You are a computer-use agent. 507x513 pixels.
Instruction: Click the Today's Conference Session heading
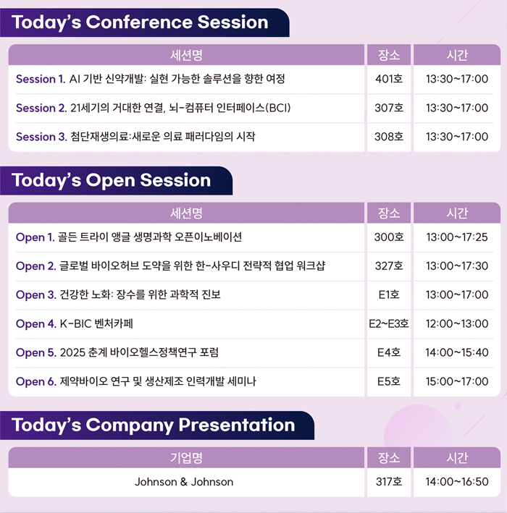[x=140, y=22]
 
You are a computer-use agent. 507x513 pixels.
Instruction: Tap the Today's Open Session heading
[x=111, y=180]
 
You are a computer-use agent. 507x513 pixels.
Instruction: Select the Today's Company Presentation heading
[x=154, y=425]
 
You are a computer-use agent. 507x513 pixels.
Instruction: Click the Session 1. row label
[x=41, y=79]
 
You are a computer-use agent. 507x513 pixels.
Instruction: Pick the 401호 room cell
[x=389, y=79]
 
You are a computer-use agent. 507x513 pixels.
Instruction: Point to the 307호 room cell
[x=389, y=108]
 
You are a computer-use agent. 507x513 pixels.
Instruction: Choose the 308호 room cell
[x=389, y=137]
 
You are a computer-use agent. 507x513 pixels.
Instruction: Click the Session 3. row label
[x=41, y=137]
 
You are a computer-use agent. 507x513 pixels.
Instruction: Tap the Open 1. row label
[x=35, y=237]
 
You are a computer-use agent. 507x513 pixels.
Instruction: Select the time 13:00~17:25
[x=457, y=237]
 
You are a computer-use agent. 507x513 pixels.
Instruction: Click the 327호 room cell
[x=389, y=266]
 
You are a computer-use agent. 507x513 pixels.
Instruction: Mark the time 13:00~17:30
[x=457, y=266]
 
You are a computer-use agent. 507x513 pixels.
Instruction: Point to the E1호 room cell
[x=389, y=294]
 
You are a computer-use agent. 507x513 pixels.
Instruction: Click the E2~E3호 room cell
[x=389, y=323]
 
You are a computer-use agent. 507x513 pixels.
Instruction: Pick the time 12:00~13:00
[x=457, y=323]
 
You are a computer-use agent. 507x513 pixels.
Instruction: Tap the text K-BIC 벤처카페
[x=96, y=323]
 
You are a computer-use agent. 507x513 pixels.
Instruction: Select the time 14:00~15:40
[x=457, y=352]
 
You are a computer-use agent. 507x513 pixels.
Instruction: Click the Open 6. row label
[x=36, y=381]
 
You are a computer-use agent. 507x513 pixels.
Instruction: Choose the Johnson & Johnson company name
[x=184, y=482]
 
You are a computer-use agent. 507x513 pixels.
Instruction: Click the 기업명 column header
[x=186, y=458]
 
